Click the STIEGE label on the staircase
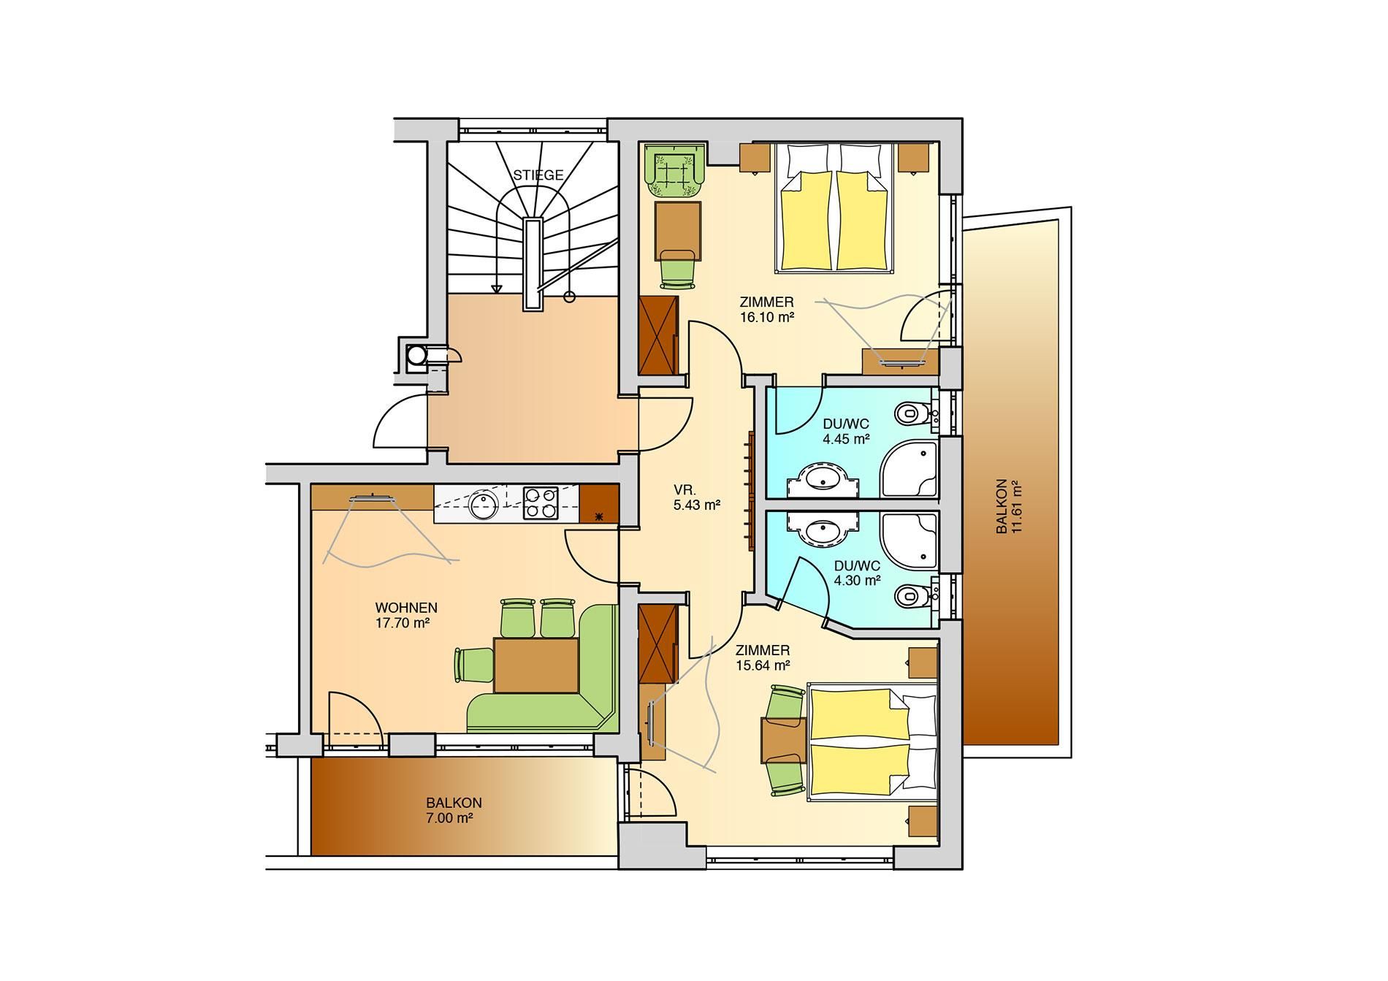pos(538,175)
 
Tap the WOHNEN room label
pos(406,608)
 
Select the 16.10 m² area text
pos(766,317)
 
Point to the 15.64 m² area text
pos(763,665)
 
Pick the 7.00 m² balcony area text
pos(449,818)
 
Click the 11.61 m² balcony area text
pos(1015,507)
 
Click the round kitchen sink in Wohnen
pos(482,504)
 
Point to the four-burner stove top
pos(540,503)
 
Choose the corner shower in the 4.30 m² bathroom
pos(910,541)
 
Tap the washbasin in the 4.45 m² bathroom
pos(823,480)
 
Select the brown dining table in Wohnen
pos(536,664)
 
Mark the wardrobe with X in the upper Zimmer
pos(658,336)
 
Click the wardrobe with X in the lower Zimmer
pos(658,644)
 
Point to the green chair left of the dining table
pos(474,665)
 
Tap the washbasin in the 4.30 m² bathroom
pos(823,530)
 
